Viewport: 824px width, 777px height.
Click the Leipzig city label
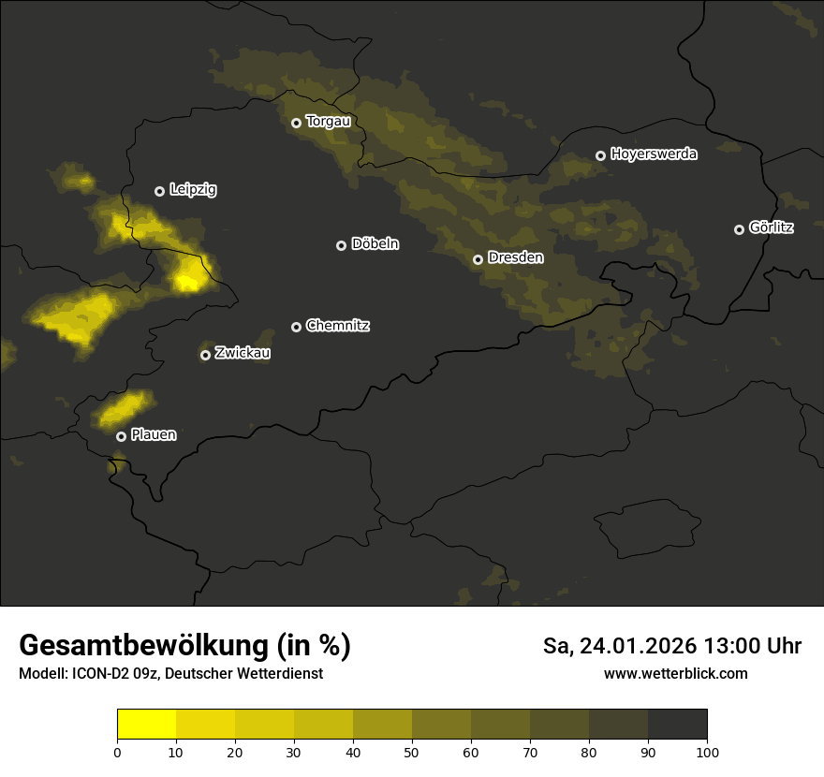pos(193,190)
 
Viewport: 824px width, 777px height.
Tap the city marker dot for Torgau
pos(296,123)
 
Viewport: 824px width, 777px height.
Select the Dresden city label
pos(516,257)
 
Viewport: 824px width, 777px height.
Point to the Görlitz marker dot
pos(739,229)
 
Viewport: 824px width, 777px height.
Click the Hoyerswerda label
pos(654,154)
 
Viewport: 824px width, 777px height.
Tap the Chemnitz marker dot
pos(297,327)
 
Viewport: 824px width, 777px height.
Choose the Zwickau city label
pos(243,353)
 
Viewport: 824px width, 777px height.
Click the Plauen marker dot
pos(121,436)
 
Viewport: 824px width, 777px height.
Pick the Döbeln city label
pos(375,244)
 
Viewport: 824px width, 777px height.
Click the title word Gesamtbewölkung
pos(144,646)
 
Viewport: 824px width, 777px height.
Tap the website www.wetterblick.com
pos(675,673)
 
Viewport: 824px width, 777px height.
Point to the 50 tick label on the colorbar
pos(412,752)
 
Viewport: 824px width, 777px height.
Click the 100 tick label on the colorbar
pos(707,752)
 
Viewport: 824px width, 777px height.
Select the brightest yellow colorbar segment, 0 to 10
pos(146,724)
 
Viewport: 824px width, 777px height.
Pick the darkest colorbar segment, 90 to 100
pos(677,724)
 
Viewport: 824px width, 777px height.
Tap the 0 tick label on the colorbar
pos(117,752)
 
